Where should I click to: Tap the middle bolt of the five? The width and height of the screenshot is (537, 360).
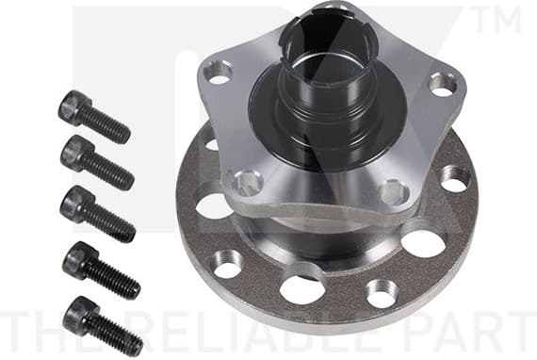(96, 212)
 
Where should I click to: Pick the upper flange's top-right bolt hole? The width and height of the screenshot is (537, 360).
(441, 83)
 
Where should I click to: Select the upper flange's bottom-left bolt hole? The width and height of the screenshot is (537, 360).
(248, 182)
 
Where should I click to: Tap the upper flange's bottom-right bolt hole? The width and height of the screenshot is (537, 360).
(393, 192)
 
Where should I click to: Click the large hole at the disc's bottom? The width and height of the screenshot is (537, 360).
(302, 288)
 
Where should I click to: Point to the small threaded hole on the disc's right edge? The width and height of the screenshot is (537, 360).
(452, 176)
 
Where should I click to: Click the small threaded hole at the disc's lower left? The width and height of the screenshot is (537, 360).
(227, 264)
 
